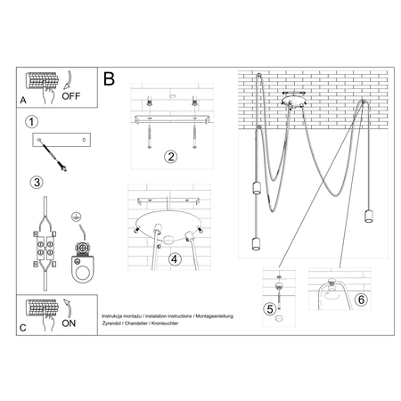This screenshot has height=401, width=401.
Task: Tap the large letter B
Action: pyautogui.click(x=110, y=79)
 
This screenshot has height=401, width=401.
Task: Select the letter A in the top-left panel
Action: pyautogui.click(x=22, y=101)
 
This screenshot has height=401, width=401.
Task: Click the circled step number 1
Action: pyautogui.click(x=32, y=121)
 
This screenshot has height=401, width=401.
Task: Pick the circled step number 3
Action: pyautogui.click(x=35, y=183)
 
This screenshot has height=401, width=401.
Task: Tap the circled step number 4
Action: pyautogui.click(x=176, y=259)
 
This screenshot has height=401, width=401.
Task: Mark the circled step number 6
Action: pyautogui.click(x=360, y=300)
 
